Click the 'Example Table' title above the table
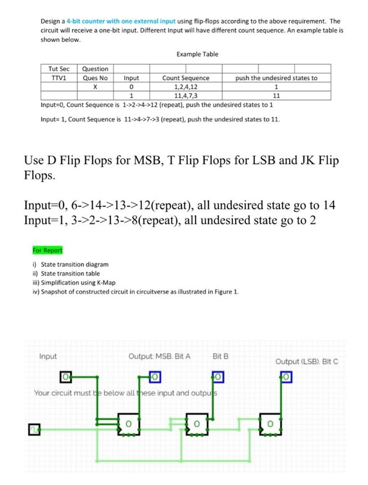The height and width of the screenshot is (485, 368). pos(197,54)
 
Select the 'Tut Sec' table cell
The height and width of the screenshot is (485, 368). pos(59,69)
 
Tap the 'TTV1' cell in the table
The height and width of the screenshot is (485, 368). pos(59,78)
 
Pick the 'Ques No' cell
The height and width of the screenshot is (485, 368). pos(95,78)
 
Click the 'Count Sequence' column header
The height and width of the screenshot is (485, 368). pos(186,78)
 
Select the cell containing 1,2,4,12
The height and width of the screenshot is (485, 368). pos(186,86)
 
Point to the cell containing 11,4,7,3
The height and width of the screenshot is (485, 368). pos(186,95)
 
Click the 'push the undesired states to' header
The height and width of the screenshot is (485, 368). pos(276,78)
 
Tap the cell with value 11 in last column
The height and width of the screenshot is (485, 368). pos(276,95)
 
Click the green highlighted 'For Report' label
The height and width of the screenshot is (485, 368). pos(48,250)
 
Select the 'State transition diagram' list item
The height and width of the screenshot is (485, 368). pos(71,264)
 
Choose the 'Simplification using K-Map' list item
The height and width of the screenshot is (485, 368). pos(74,282)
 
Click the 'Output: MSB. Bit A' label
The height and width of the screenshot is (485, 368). pos(159,356)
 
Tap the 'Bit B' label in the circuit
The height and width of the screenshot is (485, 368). pos(220,356)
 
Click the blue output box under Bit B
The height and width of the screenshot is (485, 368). pos(218,378)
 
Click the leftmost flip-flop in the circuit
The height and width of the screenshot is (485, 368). pos(129,424)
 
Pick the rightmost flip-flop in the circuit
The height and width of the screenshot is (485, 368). pos(271,424)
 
